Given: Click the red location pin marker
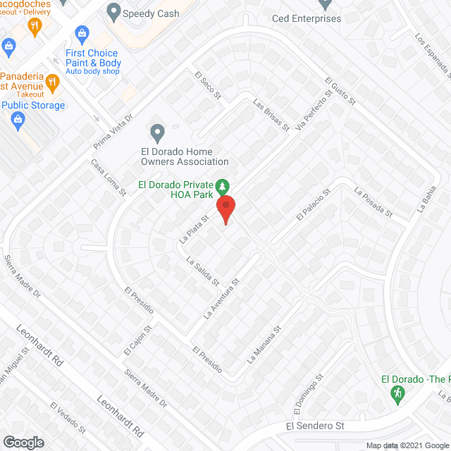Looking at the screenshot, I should click(x=225, y=209).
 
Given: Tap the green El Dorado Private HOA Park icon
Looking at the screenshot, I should click(x=223, y=186).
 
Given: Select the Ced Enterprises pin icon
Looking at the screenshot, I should click(x=325, y=4).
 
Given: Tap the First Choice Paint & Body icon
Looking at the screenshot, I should click(x=82, y=33).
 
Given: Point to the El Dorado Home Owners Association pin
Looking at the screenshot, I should click(x=157, y=132).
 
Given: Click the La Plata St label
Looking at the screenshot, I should click(x=194, y=230).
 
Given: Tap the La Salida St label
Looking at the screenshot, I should click(x=203, y=272).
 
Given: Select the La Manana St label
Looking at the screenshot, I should click(x=264, y=345).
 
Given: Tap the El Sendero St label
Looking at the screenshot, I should click(x=315, y=426).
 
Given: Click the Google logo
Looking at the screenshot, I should click(x=23, y=442).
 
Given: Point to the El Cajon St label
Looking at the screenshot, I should click(x=137, y=338).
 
